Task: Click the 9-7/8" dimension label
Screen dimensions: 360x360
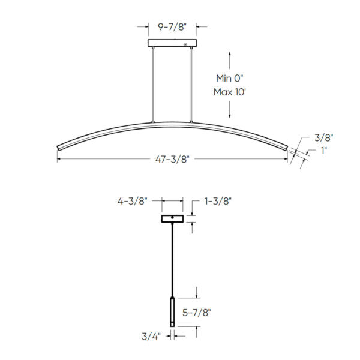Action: [173, 26]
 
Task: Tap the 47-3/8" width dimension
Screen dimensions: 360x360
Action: [173, 160]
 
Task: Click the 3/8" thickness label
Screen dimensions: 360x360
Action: [323, 137]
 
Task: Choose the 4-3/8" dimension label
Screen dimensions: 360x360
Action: [133, 202]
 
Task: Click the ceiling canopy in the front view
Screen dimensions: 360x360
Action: [173, 44]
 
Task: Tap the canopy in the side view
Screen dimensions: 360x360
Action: [173, 218]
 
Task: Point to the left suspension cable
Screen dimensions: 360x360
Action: [154, 84]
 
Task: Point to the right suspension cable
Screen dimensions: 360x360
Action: [192, 84]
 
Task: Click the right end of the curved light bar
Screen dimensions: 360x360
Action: [287, 147]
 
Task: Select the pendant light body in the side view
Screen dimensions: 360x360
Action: [173, 311]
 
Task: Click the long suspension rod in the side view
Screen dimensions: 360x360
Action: [173, 258]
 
